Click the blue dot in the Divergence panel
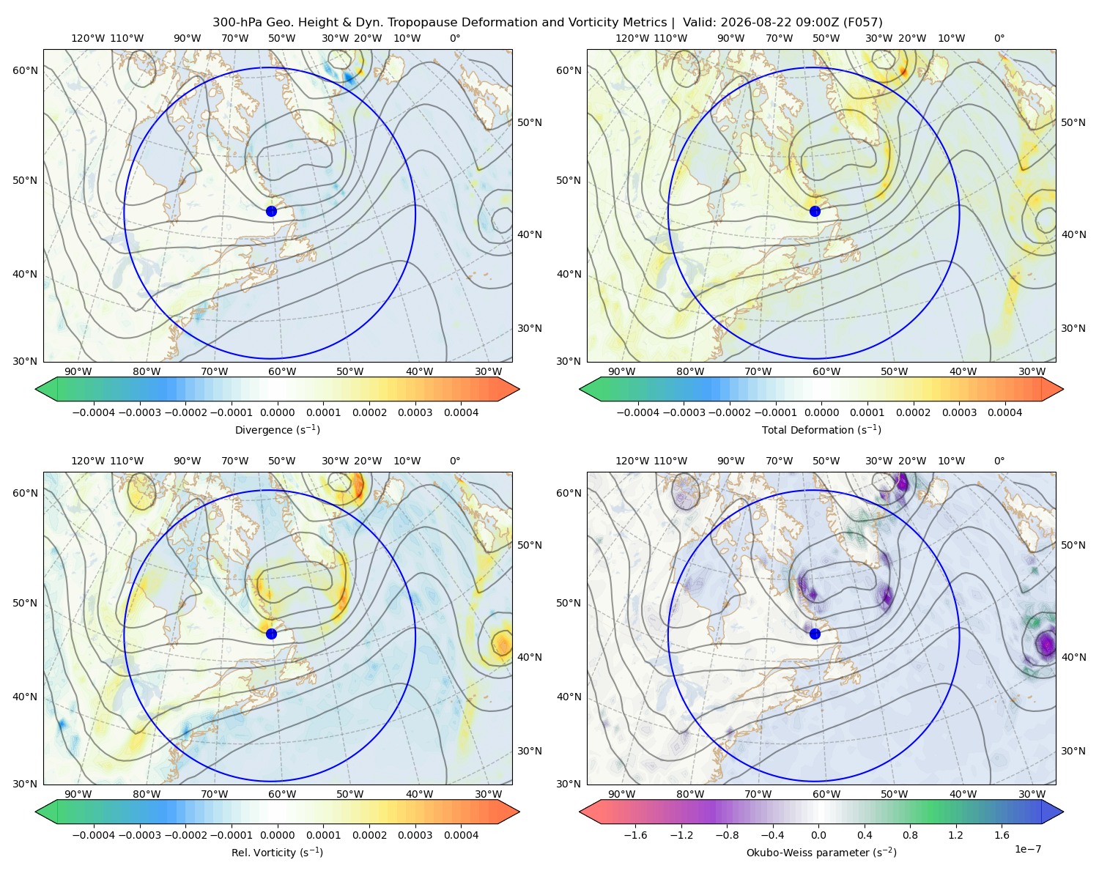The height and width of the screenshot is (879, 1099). pyautogui.click(x=271, y=211)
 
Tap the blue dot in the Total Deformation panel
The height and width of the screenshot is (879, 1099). pyautogui.click(x=815, y=211)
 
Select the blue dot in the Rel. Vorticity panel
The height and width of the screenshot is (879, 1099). pyautogui.click(x=271, y=634)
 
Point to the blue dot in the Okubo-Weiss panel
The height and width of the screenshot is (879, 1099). pyautogui.click(x=815, y=634)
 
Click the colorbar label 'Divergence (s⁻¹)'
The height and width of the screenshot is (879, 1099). pyautogui.click(x=277, y=430)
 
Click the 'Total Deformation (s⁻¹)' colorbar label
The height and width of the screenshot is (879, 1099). pyautogui.click(x=821, y=430)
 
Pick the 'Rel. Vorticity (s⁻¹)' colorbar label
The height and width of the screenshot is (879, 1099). pyautogui.click(x=277, y=853)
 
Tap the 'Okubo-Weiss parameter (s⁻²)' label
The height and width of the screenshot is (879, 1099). pyautogui.click(x=821, y=853)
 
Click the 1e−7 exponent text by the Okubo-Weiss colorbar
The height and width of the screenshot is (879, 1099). pyautogui.click(x=1027, y=850)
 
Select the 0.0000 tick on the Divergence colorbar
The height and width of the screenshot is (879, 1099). pyautogui.click(x=277, y=412)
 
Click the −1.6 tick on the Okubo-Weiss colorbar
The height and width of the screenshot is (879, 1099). pyautogui.click(x=635, y=835)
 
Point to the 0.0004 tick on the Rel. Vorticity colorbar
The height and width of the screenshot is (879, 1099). pyautogui.click(x=461, y=835)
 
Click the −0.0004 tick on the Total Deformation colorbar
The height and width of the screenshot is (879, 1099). pyautogui.click(x=638, y=412)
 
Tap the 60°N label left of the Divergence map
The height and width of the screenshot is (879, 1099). pyautogui.click(x=25, y=70)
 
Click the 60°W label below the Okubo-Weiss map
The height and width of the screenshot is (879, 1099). pyautogui.click(x=826, y=794)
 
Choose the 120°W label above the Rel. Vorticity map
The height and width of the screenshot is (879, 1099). pyautogui.click(x=88, y=461)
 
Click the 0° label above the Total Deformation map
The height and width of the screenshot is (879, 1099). pyautogui.click(x=999, y=38)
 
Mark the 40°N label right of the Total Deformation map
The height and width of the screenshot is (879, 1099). pyautogui.click(x=1073, y=234)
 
